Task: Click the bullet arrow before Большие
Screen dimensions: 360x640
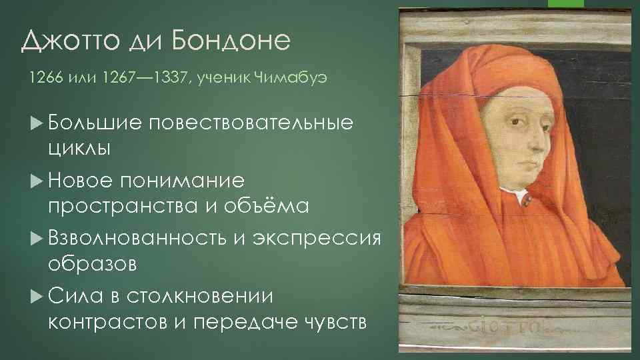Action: (36, 123)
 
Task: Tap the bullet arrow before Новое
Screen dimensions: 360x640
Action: (36, 181)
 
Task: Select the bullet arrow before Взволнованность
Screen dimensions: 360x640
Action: (36, 238)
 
